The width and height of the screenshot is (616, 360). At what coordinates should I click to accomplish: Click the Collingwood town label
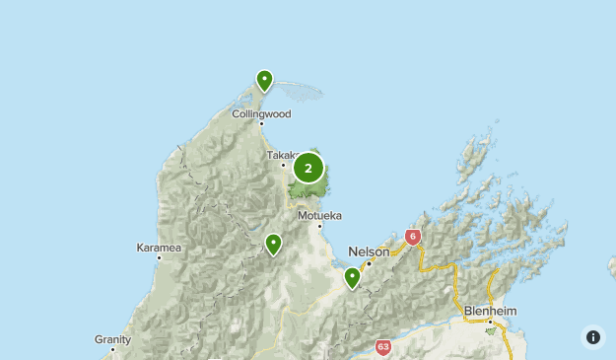[261, 113]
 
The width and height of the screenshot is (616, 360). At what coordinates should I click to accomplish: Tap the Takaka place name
[280, 155]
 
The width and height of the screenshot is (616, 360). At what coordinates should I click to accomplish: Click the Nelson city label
[370, 252]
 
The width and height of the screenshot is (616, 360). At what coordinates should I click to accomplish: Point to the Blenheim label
[490, 311]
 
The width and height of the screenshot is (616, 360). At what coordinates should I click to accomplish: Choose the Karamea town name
[159, 248]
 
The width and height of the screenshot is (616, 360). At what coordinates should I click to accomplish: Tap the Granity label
[113, 338]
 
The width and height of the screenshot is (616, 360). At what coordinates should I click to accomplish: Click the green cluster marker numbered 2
[308, 169]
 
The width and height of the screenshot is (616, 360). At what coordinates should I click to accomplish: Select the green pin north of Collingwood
[264, 80]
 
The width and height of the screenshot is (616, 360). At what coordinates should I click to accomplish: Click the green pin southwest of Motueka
[273, 244]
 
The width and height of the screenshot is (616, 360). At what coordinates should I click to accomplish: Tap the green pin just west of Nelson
[352, 278]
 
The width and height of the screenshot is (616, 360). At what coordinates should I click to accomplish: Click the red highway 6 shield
[412, 237]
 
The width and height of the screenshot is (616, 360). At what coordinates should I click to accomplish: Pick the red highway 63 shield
[383, 347]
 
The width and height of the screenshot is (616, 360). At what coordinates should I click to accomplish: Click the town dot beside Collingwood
[261, 123]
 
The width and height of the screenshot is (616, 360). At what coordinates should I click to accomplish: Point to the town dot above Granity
[113, 348]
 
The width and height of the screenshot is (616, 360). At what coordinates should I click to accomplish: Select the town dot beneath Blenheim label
[490, 321]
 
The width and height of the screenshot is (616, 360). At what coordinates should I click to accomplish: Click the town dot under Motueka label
[319, 225]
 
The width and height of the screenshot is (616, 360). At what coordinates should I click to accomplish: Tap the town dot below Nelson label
[369, 263]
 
